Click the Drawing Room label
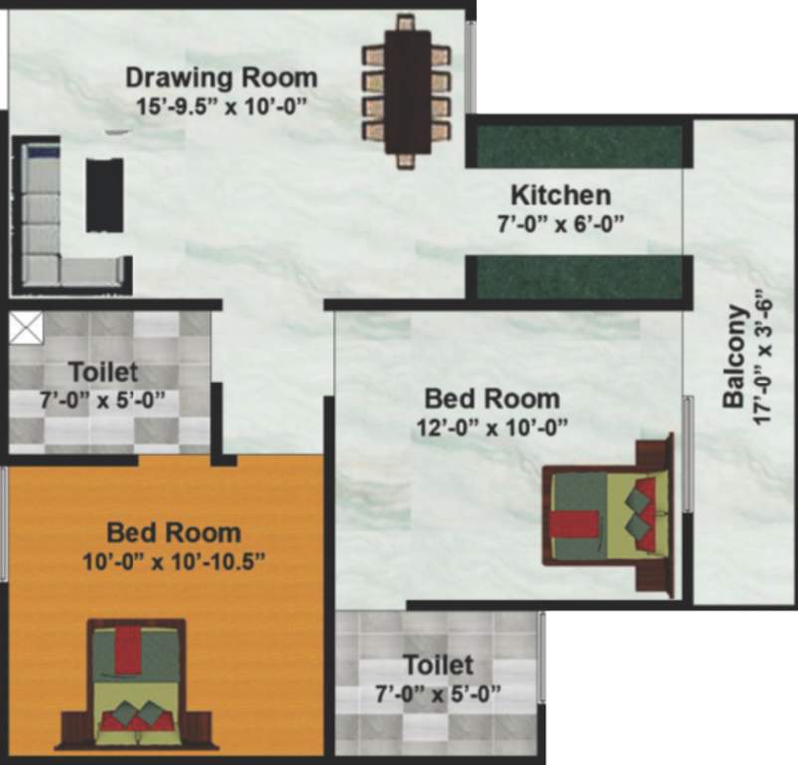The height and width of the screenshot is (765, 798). point(221,77)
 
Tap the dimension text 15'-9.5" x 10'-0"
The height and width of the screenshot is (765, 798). point(221,103)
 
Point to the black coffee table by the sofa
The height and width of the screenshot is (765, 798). point(104,195)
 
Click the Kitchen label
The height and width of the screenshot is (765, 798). point(560,194)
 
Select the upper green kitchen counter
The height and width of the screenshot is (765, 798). point(580,146)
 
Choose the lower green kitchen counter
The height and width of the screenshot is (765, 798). point(580,277)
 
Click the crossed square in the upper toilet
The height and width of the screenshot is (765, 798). point(25,327)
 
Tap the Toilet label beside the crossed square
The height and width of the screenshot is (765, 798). point(103,373)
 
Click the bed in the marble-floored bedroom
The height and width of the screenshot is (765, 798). point(608,516)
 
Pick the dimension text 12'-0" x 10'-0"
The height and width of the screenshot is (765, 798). point(492,428)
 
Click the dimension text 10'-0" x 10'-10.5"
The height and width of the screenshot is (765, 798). point(173,560)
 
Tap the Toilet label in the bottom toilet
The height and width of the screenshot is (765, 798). point(437,664)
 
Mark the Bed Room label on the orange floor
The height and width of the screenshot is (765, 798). point(173,532)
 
